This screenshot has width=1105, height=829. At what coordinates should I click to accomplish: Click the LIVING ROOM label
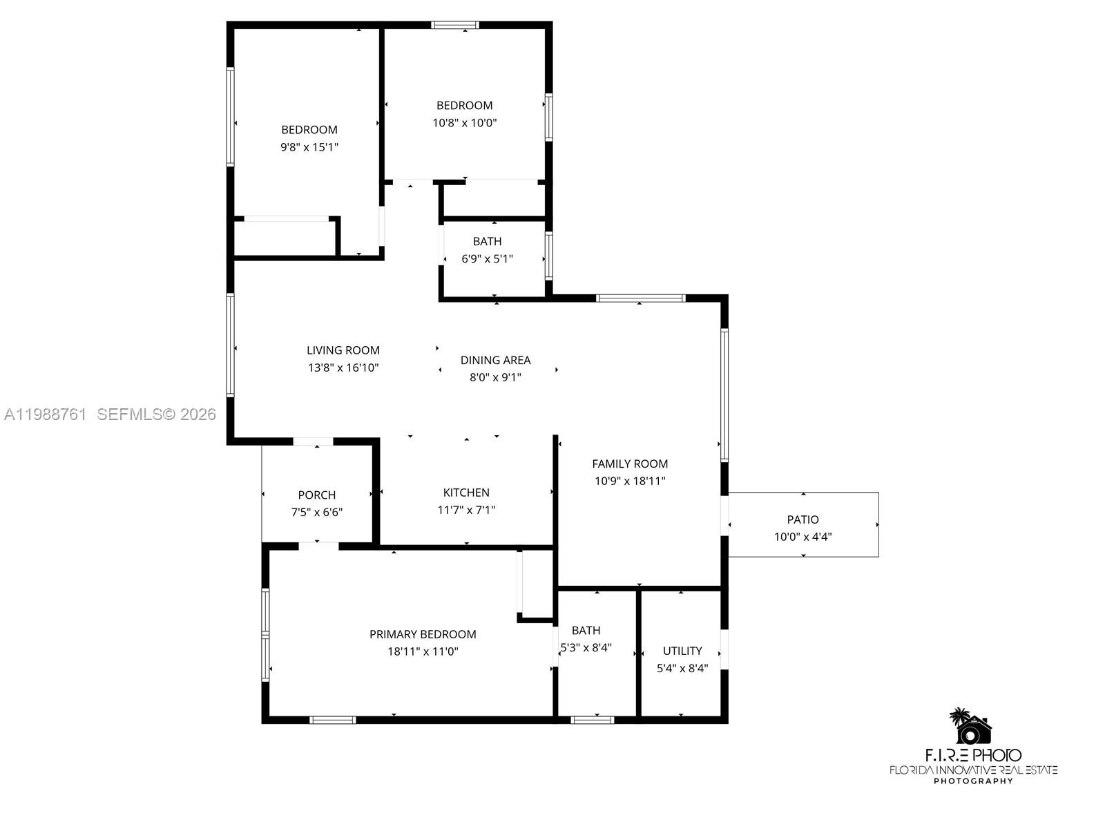pyautogui.click(x=343, y=350)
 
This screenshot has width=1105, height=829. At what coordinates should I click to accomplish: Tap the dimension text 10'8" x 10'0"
pyautogui.click(x=464, y=123)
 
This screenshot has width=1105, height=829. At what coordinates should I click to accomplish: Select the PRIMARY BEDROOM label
pyautogui.click(x=423, y=634)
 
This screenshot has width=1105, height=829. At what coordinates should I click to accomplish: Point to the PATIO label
pyautogui.click(x=803, y=520)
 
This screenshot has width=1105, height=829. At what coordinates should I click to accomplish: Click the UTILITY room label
pyautogui.click(x=682, y=651)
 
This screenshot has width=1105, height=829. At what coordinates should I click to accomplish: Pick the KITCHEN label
pyautogui.click(x=466, y=493)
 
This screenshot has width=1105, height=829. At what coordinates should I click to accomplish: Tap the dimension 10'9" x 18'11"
pyautogui.click(x=630, y=482)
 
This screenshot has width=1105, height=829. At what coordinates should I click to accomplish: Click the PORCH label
pyautogui.click(x=317, y=495)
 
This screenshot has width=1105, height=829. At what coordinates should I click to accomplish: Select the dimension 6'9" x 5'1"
pyautogui.click(x=487, y=259)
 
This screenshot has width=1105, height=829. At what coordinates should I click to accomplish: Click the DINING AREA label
pyautogui.click(x=495, y=360)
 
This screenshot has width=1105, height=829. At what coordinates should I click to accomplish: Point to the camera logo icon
pyautogui.click(x=972, y=727)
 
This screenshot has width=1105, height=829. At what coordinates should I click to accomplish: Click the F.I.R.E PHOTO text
pyautogui.click(x=972, y=755)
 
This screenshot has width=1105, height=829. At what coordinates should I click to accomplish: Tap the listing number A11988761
pyautogui.click(x=46, y=414)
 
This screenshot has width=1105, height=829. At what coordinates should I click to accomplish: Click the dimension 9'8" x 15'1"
pyautogui.click(x=309, y=147)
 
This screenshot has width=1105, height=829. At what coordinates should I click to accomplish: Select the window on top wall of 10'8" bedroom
pyautogui.click(x=455, y=26)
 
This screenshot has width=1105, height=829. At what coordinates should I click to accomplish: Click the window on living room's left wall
pyautogui.click(x=231, y=345)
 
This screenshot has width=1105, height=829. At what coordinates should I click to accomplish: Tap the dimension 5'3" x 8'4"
pyautogui.click(x=586, y=648)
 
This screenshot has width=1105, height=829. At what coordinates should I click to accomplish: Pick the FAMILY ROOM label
pyautogui.click(x=630, y=464)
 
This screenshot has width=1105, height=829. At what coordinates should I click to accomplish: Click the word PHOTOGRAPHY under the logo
pyautogui.click(x=972, y=781)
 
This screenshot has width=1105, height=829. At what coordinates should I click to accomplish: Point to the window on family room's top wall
pyautogui.click(x=640, y=298)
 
